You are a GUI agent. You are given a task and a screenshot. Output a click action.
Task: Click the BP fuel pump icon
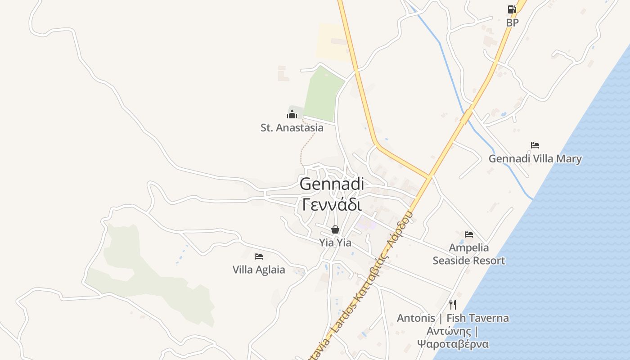(512, 9)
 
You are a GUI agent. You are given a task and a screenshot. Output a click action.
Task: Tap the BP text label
(512, 22)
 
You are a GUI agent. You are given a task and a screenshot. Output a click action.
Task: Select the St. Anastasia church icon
(292, 114)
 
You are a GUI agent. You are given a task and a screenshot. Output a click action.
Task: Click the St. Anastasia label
(292, 128)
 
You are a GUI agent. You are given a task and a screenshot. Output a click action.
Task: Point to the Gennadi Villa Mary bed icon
(535, 145)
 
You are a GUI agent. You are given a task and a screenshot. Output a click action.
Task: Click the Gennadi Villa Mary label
(535, 159)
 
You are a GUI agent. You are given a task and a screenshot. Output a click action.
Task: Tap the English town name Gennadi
(332, 184)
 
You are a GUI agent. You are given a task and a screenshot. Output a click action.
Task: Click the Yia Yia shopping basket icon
(335, 229)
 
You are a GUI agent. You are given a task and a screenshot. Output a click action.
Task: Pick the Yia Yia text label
(335, 243)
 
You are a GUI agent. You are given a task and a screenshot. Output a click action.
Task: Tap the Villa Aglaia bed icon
(258, 256)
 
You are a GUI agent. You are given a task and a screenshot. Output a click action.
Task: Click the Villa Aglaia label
(259, 270)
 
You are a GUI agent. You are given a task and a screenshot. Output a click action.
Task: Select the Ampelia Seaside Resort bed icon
(469, 234)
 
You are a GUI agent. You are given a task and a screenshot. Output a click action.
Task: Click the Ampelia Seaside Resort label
(469, 254)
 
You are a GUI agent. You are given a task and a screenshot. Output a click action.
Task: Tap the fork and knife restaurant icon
(453, 305)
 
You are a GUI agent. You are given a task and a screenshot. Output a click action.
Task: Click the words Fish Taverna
(477, 318)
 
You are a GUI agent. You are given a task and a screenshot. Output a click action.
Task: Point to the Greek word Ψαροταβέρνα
(453, 344)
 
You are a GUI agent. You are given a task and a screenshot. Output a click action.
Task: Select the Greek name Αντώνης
(449, 332)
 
